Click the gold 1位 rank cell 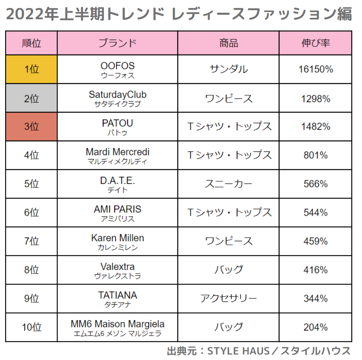[32, 69]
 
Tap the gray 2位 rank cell [32, 98]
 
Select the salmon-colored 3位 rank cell [32, 127]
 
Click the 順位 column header [32, 43]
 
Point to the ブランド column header [117, 43]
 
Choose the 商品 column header [228, 43]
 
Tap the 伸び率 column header [315, 43]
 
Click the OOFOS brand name [117, 66]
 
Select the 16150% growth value [315, 69]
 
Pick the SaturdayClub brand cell [117, 98]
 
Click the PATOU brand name [117, 124]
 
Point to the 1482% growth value [315, 127]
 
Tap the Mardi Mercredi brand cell [117, 155]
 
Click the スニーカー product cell [228, 184]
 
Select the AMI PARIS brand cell [117, 213]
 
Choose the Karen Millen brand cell [117, 242]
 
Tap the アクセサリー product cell [228, 299]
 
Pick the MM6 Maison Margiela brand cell [117, 327]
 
